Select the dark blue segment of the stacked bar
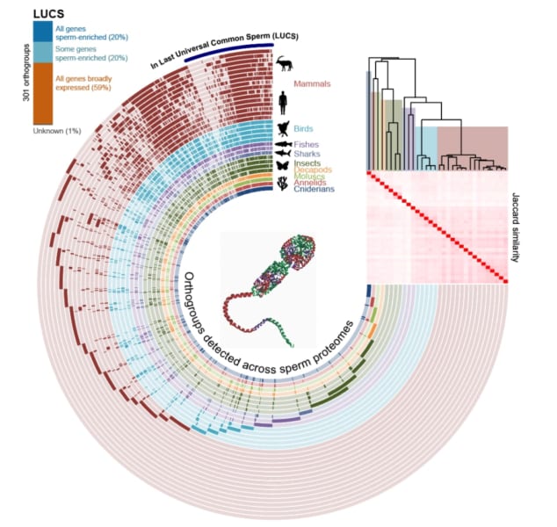coord(42,32)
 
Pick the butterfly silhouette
coord(283,163)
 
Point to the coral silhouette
coord(283,185)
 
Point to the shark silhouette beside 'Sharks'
coord(283,154)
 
